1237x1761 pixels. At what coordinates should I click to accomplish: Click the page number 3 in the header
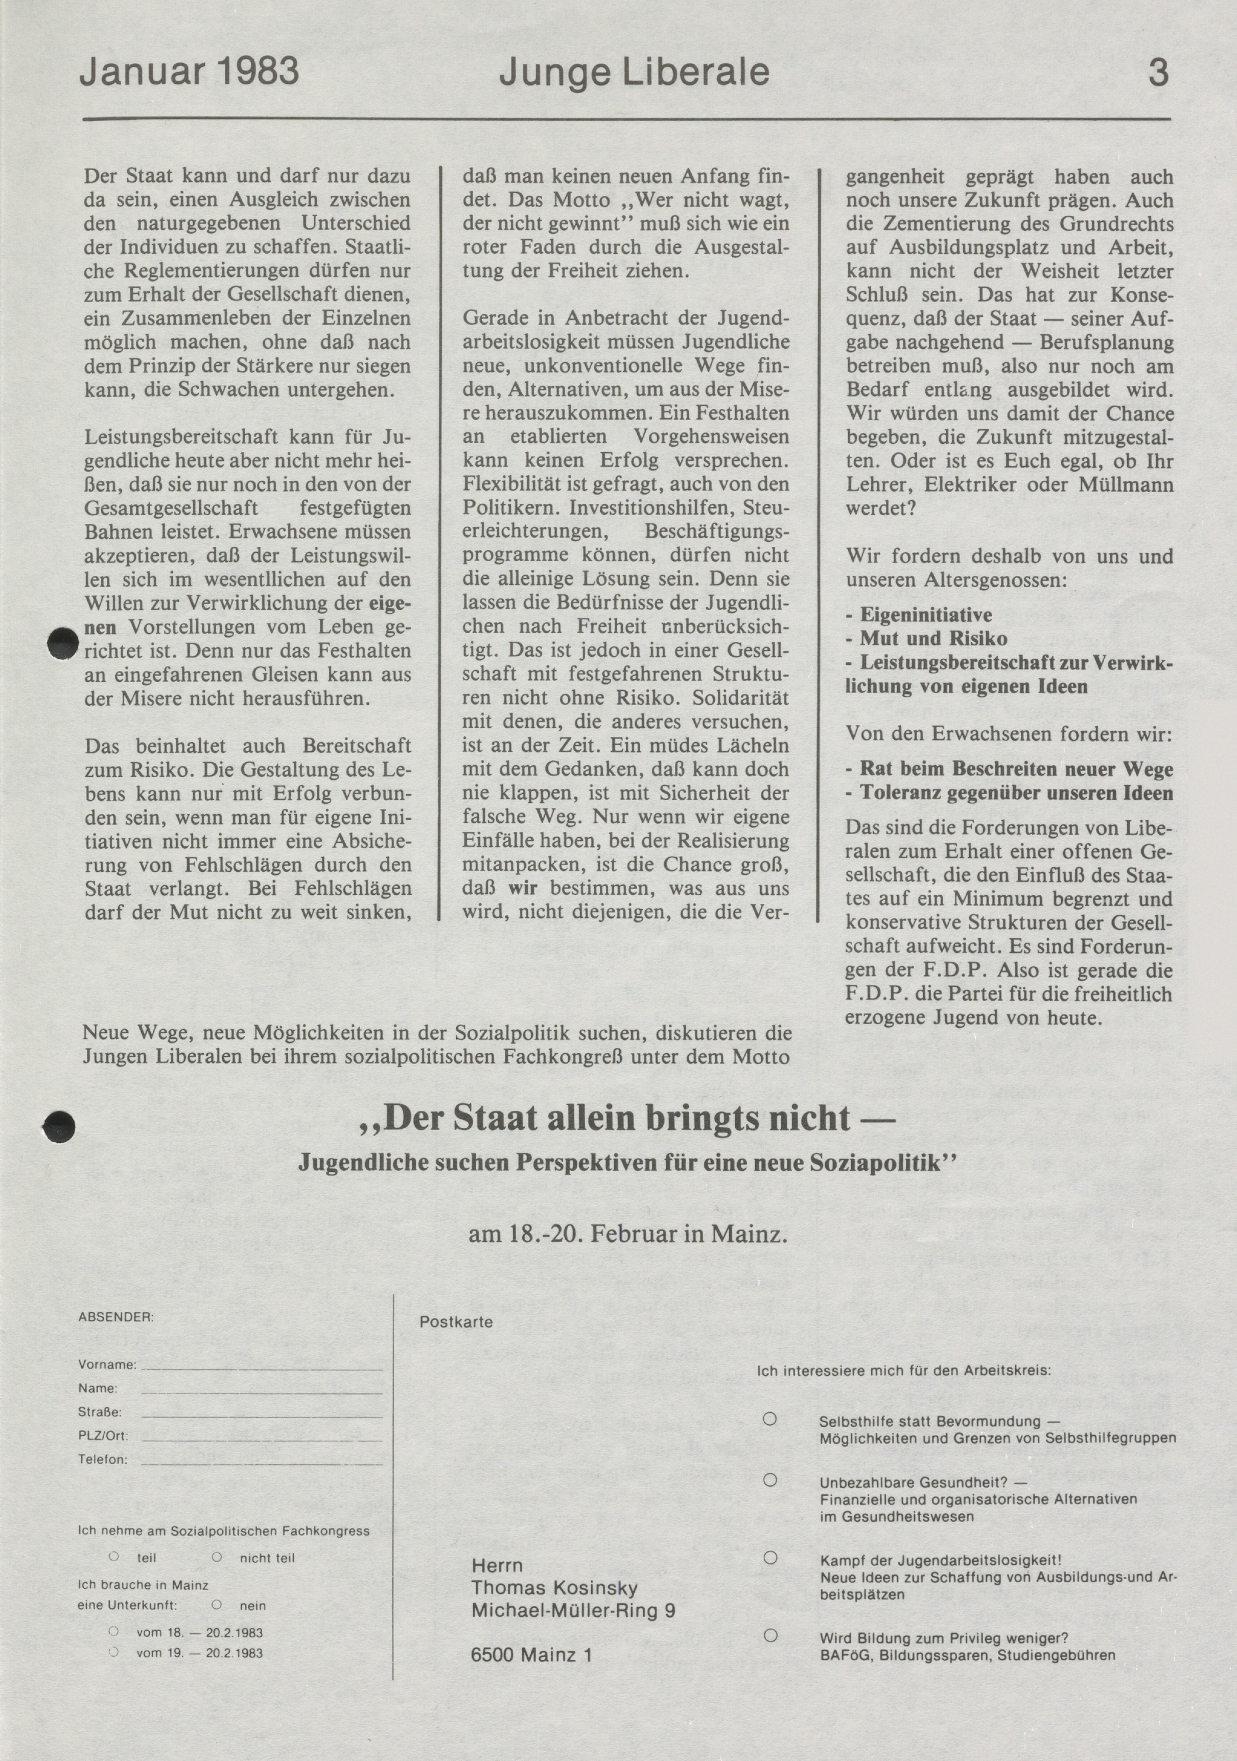1157,72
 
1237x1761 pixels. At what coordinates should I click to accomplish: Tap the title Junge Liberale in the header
634,72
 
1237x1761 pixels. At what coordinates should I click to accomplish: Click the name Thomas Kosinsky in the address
554,1588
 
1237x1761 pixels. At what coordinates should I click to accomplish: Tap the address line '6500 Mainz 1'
531,1655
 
